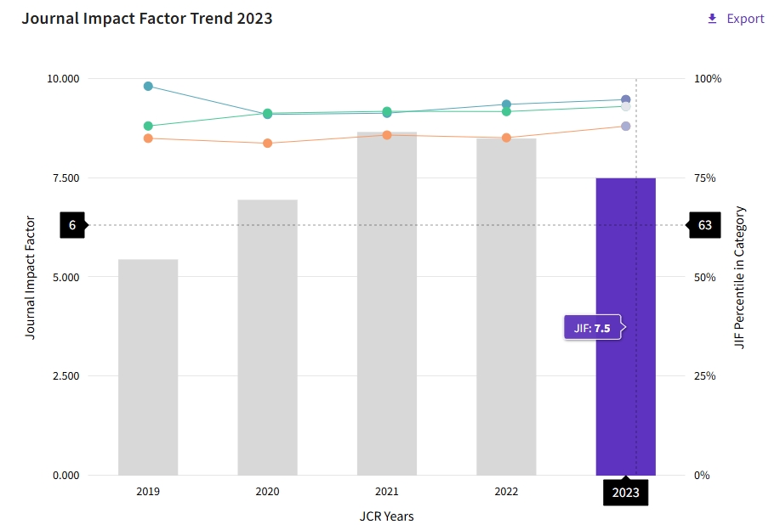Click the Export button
pos(736,19)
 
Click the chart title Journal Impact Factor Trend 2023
pos(147,18)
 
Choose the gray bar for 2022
pos(506,307)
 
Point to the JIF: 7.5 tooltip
pos(593,328)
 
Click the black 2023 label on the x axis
pos(625,493)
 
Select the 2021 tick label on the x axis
pos(387,492)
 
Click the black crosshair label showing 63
pos(704,225)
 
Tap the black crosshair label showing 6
pos(72,225)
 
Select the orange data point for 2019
pos(148,138)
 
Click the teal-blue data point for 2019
pos(148,87)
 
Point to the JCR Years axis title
pos(386,516)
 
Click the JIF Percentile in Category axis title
pos(739,277)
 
